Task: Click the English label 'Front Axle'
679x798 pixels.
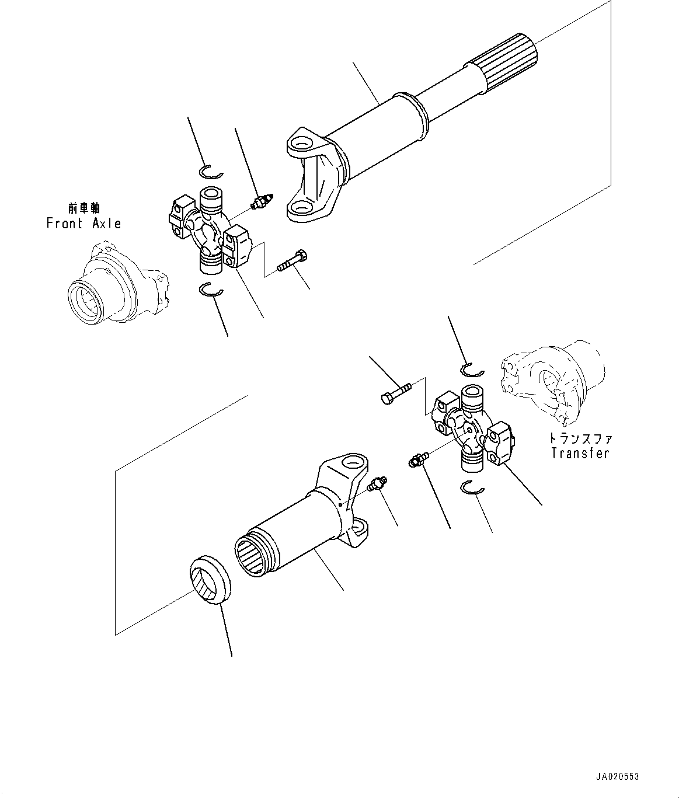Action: tap(83, 223)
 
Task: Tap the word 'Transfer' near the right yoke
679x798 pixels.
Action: tap(580, 453)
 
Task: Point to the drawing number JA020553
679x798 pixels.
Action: tap(617, 777)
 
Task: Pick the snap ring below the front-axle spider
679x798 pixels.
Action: tap(210, 289)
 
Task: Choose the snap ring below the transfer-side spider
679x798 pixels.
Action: tap(472, 488)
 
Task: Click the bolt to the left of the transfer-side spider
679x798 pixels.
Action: tap(395, 391)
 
